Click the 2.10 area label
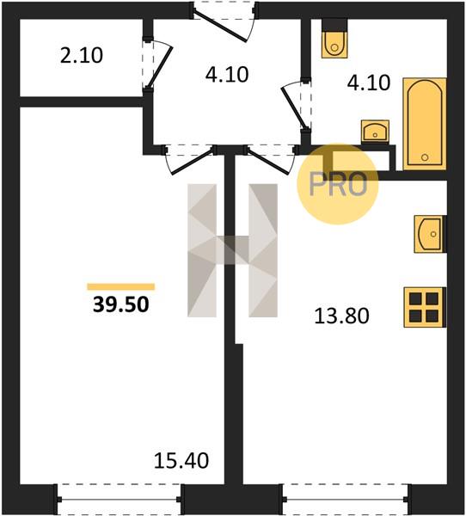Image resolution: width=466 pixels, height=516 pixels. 82,55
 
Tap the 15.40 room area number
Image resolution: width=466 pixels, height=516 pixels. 181,460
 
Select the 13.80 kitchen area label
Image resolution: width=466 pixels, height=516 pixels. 342,316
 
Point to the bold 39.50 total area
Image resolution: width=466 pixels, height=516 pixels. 121,304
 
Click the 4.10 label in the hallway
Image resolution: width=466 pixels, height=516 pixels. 227,74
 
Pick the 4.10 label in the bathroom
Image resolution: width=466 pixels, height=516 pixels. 369,83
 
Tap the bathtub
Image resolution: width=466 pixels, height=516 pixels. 425,124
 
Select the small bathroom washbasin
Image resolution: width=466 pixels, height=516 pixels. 375,131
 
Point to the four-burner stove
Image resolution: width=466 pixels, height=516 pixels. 424,307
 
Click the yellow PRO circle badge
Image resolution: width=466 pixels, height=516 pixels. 338,184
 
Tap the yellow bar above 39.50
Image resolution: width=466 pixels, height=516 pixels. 120,286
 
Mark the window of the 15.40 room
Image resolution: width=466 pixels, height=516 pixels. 120,499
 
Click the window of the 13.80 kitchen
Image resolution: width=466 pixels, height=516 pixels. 346,499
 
